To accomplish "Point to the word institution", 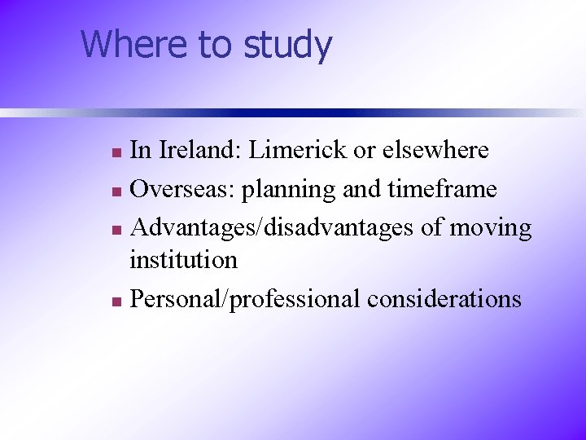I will (184, 261).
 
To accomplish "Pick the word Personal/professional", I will (245, 300).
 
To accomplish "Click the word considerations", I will (444, 299).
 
